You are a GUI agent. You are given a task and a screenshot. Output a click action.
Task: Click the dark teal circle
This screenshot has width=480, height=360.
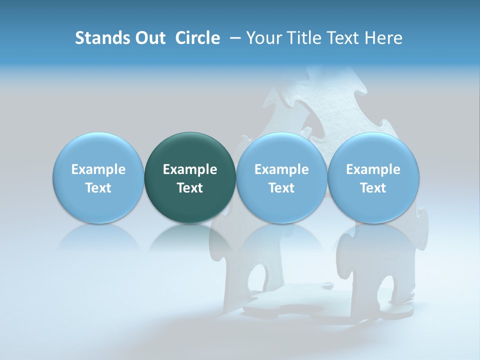190,177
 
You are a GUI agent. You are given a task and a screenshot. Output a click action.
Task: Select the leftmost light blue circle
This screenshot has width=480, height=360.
98,177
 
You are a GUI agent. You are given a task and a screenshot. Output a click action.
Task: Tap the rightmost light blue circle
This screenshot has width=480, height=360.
373,177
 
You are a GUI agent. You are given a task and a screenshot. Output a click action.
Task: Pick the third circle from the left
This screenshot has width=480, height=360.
281,177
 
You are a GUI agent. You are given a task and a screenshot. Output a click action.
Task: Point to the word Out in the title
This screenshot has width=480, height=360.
148,38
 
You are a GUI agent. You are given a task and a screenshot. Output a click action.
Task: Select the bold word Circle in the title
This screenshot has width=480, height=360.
197,38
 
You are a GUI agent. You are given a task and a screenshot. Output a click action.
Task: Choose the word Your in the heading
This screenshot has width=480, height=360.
262,38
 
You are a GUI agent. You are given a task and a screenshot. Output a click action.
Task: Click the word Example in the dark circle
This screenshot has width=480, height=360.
190,169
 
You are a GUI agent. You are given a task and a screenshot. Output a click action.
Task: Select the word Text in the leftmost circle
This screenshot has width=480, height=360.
98,188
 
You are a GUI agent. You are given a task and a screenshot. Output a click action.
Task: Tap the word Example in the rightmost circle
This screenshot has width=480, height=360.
373,169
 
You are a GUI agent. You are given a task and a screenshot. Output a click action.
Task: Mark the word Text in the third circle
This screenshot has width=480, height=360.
281,188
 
